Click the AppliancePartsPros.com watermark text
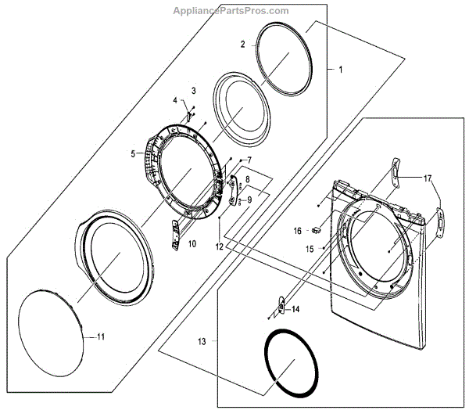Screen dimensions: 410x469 coord(234,11)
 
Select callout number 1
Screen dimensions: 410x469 coord(340,70)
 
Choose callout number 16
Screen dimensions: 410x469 coord(298,231)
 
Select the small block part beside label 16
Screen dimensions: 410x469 coord(315,230)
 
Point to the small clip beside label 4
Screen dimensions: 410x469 coord(188,114)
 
